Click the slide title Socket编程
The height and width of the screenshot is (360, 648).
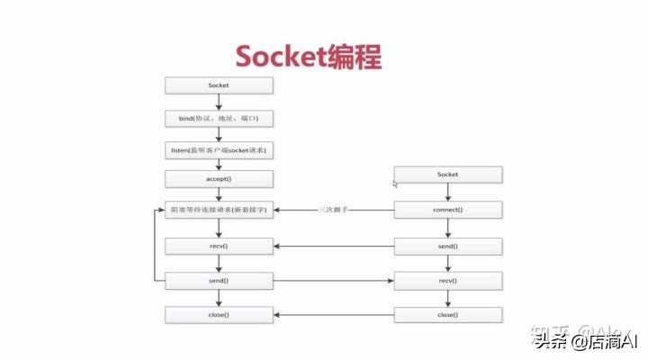pos(308,56)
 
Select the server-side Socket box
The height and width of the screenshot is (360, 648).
pos(219,85)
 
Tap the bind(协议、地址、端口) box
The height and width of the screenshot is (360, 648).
pos(219,119)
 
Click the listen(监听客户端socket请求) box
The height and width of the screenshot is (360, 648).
pos(219,148)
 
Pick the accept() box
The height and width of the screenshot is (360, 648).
pos(219,178)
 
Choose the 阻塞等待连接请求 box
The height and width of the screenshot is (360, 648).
pos(219,210)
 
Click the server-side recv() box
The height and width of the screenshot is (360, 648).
pos(219,245)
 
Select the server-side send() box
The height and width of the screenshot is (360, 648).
pos(219,280)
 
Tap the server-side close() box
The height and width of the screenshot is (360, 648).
pos(219,315)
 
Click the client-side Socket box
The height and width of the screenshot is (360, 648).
pos(447,174)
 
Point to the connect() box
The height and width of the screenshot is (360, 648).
pos(447,210)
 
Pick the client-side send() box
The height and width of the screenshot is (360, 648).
pos(447,245)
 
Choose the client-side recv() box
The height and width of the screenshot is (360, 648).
pos(447,280)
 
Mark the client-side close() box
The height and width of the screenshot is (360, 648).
pos(447,315)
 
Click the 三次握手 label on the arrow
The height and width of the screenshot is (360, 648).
pos(333,210)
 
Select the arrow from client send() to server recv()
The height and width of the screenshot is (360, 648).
pos(333,245)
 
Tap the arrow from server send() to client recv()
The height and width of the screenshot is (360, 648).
pos(333,280)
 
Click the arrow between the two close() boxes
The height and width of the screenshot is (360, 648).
pos(333,315)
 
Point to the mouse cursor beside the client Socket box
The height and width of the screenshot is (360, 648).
pos(395,184)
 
